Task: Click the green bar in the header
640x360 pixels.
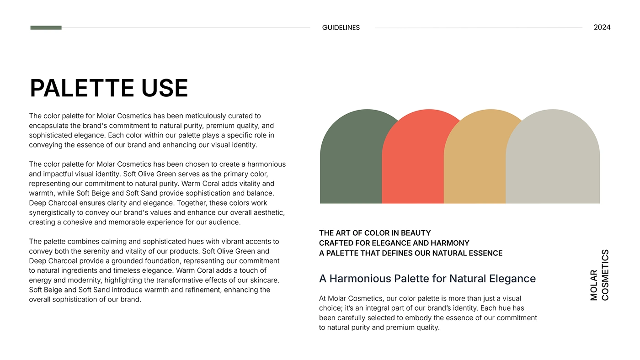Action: [x=46, y=28]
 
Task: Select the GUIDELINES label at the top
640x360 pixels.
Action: [x=341, y=28]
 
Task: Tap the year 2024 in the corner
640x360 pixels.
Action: [x=602, y=27]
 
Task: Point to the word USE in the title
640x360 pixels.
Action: [x=165, y=88]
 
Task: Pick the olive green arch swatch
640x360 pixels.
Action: [x=351, y=160]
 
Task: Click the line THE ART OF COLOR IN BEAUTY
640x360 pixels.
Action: [x=374, y=233]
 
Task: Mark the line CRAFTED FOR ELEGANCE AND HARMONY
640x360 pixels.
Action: [x=394, y=243]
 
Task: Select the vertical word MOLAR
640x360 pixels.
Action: [x=594, y=285]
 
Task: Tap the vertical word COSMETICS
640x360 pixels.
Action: [x=605, y=275]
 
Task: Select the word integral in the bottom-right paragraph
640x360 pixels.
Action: [x=379, y=308]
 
